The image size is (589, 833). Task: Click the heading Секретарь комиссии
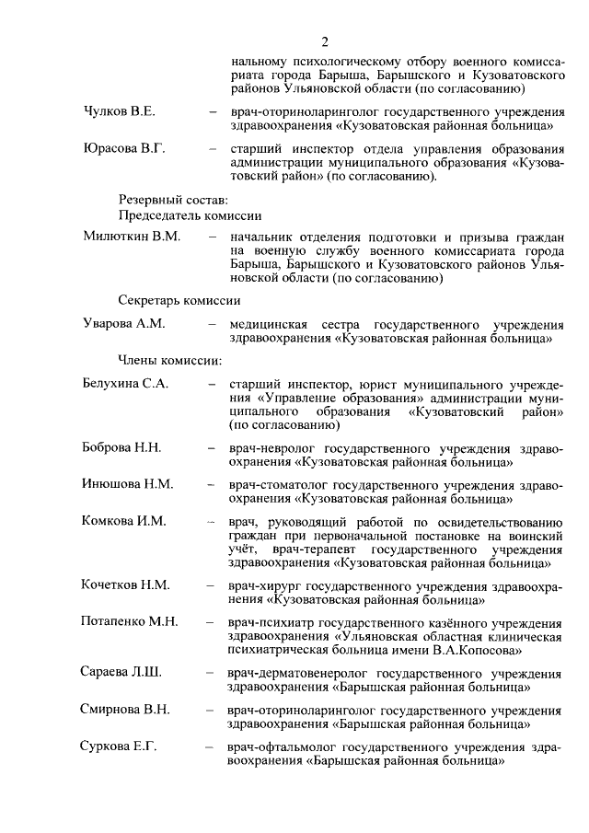[x=180, y=299]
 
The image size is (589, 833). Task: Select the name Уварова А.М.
[x=124, y=324]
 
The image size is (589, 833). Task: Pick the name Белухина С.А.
[x=126, y=385]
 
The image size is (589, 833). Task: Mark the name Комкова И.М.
[x=124, y=521]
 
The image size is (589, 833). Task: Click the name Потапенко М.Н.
[x=130, y=621]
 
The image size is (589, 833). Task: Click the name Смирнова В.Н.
[x=125, y=710]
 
